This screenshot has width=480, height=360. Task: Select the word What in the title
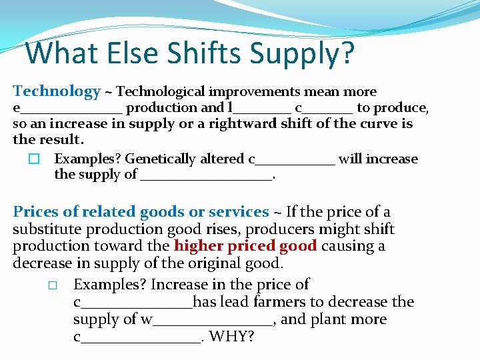tap(60, 53)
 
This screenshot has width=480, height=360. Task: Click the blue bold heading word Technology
tap(57, 91)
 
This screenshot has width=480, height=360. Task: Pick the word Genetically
tap(163, 159)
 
